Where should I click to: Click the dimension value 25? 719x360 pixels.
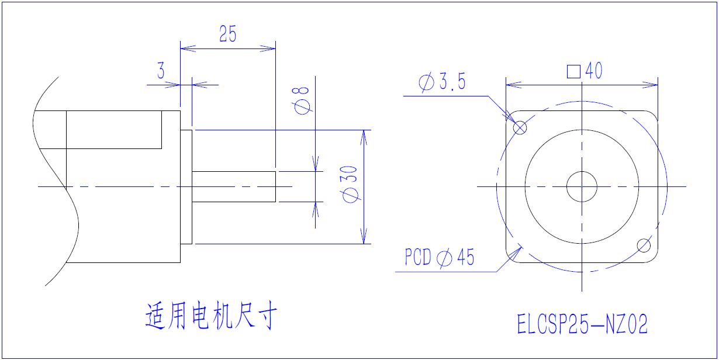tap(228, 34)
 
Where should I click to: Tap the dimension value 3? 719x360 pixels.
tap(161, 70)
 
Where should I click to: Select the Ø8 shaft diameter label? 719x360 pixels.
tap(301, 101)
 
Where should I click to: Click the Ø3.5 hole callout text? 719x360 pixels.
tap(442, 81)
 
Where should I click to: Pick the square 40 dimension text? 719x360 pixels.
tap(585, 71)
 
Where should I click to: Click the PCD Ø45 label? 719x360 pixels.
tap(439, 257)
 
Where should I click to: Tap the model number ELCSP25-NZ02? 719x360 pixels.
tap(582, 324)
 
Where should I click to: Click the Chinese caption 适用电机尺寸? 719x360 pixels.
tap(211, 316)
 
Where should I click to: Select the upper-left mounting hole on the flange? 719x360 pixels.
tap(520, 128)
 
